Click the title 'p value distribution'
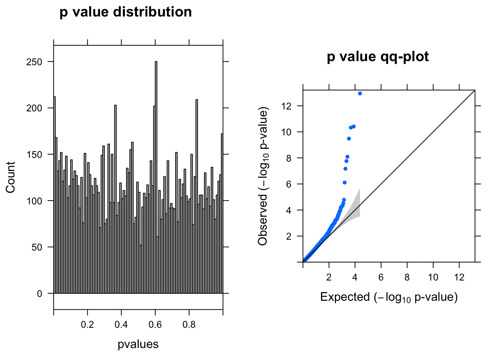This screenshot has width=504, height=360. (126, 12)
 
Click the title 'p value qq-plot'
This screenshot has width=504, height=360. (378, 57)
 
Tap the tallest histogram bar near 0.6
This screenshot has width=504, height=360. (156, 176)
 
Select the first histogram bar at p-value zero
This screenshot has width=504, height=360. (55, 195)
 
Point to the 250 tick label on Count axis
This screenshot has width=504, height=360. (34, 62)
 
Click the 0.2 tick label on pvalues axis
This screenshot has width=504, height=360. (87, 324)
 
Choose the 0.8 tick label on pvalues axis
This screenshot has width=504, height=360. (189, 324)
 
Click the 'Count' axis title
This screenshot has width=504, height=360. (10, 177)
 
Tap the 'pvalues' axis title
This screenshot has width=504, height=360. (138, 344)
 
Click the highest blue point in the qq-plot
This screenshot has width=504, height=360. (360, 93)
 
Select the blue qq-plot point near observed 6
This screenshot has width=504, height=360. (345, 183)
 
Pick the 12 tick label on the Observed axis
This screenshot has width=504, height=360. (286, 106)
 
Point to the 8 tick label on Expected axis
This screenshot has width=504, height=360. (407, 277)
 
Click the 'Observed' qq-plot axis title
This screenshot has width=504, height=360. (263, 177)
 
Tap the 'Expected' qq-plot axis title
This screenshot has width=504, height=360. (389, 297)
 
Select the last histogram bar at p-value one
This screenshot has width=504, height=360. (222, 214)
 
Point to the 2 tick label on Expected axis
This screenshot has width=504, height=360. (329, 277)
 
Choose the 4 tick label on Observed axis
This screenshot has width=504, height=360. (288, 210)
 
